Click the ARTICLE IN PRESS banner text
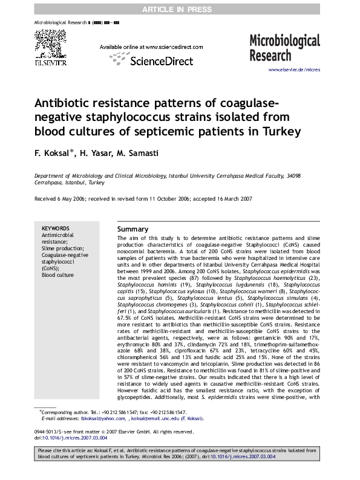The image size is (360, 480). pos(180,8)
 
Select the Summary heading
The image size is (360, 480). pos(132,230)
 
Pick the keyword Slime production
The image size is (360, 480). pos(62,248)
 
